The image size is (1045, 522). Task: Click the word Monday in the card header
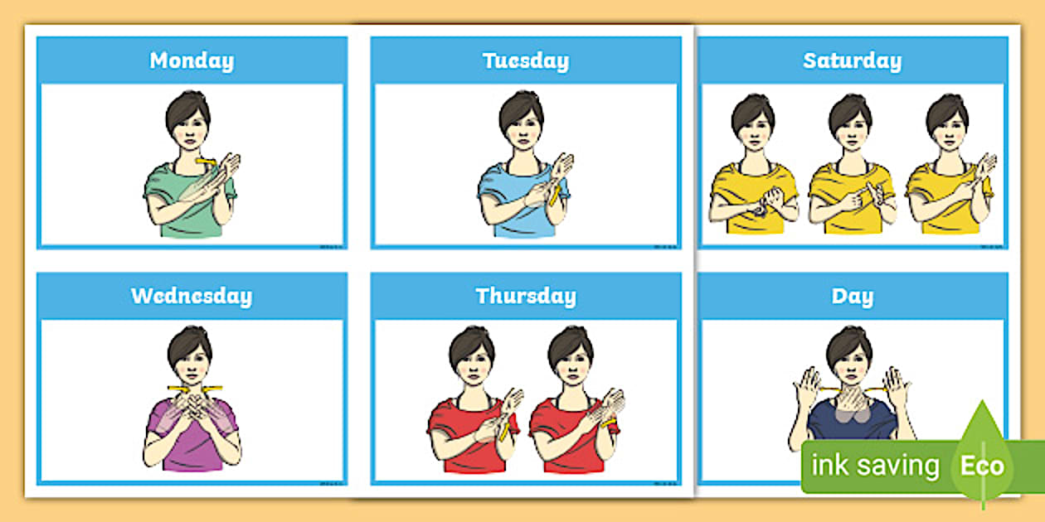click(192, 60)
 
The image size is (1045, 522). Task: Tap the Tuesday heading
click(526, 60)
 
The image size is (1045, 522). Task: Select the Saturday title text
click(852, 60)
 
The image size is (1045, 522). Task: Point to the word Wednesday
click(192, 296)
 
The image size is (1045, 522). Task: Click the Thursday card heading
click(526, 296)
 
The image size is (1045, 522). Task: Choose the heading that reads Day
click(852, 296)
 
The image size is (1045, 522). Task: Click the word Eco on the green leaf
click(982, 466)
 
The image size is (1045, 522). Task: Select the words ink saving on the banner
click(874, 466)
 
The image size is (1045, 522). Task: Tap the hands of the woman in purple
click(192, 406)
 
